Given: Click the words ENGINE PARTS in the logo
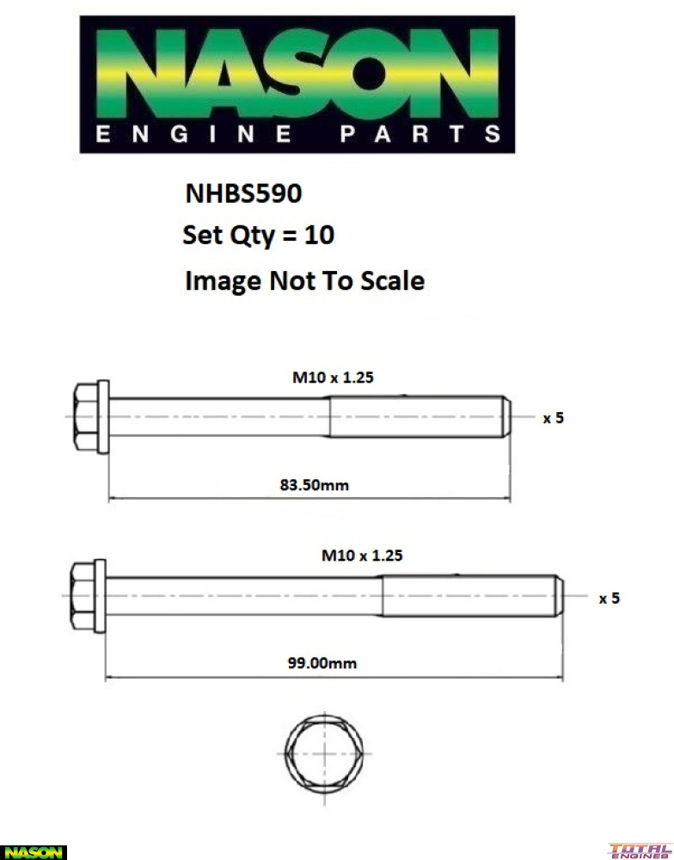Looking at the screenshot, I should pyautogui.click(x=297, y=135).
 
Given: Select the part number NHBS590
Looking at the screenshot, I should pyautogui.click(x=243, y=193).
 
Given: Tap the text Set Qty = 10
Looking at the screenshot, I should pyautogui.click(x=258, y=235).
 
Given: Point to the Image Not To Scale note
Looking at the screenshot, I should pyautogui.click(x=304, y=280).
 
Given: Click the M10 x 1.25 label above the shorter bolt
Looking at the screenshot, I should pyautogui.click(x=334, y=377).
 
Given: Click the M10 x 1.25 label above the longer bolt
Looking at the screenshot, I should pyautogui.click(x=362, y=556).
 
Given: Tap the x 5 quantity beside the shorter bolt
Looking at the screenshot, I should pyautogui.click(x=553, y=419).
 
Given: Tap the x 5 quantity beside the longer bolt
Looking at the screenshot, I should pyautogui.click(x=609, y=599).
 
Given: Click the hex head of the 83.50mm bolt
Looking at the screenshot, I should pyautogui.click(x=85, y=417).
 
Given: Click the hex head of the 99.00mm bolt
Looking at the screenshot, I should pyautogui.click(x=82, y=595).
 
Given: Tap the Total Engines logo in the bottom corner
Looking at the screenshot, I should pyautogui.click(x=640, y=851).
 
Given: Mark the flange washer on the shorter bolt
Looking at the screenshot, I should pyautogui.click(x=103, y=417).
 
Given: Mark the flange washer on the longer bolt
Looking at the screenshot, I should pyautogui.click(x=100, y=595).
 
